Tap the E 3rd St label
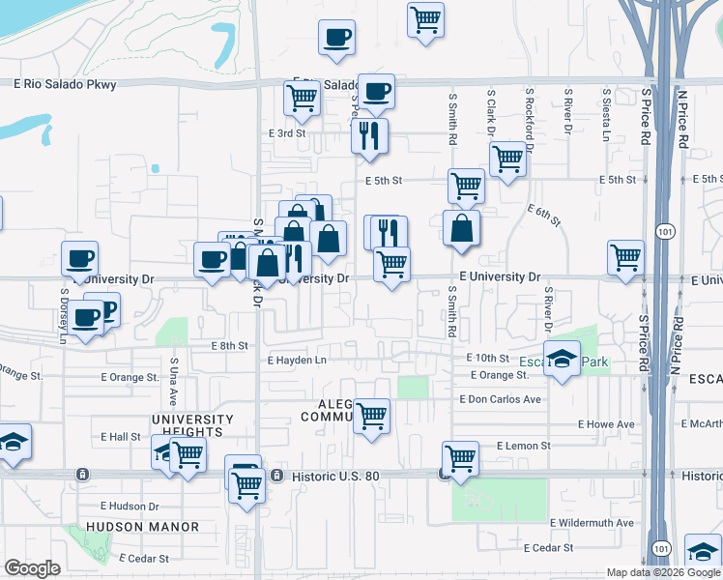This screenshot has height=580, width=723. (x=288, y=133)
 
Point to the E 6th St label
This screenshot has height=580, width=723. (x=544, y=216)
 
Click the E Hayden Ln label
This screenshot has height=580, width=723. (x=298, y=361)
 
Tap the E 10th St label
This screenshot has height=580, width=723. (x=487, y=358)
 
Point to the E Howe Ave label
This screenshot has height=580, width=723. (x=606, y=424)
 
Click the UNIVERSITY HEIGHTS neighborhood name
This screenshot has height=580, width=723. (x=192, y=425)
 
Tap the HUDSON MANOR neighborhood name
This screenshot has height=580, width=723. (x=142, y=527)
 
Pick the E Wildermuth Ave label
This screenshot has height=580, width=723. (x=592, y=523)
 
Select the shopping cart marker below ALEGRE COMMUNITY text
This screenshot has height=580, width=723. (x=371, y=417)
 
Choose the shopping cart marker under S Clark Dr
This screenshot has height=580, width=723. (x=507, y=159)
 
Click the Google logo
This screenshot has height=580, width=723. (x=32, y=568)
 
